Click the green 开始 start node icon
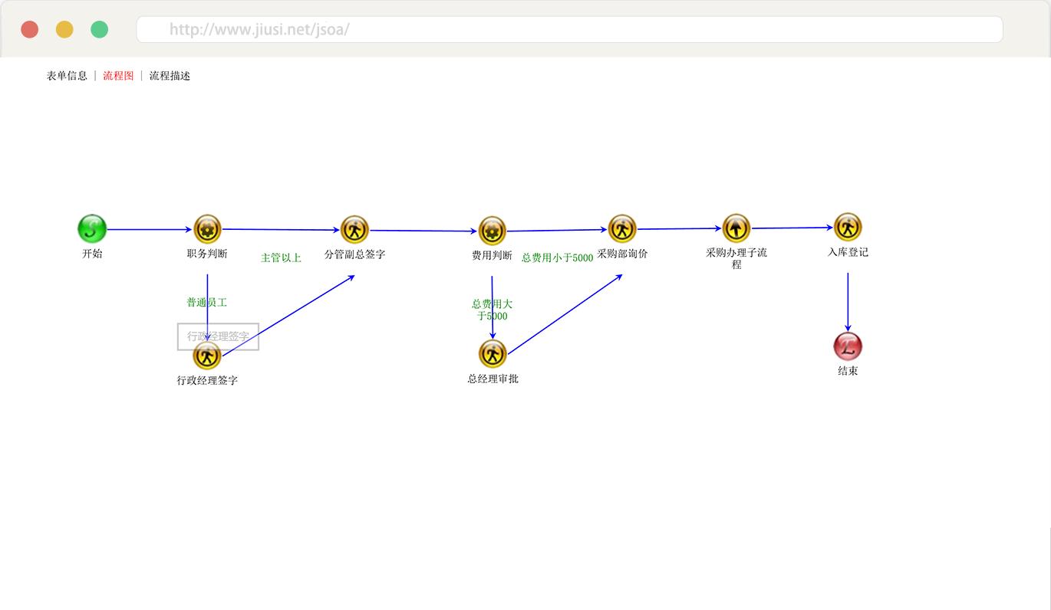tap(92, 228)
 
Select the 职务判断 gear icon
tap(207, 229)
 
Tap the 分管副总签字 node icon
tap(354, 229)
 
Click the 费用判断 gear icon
tap(492, 231)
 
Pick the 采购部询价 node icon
tap(622, 228)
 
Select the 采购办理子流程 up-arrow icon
tap(736, 228)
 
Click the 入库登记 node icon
tap(848, 227)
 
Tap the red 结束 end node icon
tap(848, 346)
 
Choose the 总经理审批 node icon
tap(493, 354)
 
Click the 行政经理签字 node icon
tap(207, 356)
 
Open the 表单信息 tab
tap(67, 76)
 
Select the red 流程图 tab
tap(118, 76)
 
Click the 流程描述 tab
tap(170, 76)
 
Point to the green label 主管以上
tap(281, 258)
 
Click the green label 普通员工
tap(206, 303)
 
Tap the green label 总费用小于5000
tap(557, 258)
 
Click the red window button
tap(30, 29)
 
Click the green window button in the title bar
tap(99, 29)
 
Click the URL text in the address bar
tap(259, 30)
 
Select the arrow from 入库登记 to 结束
tap(848, 301)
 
